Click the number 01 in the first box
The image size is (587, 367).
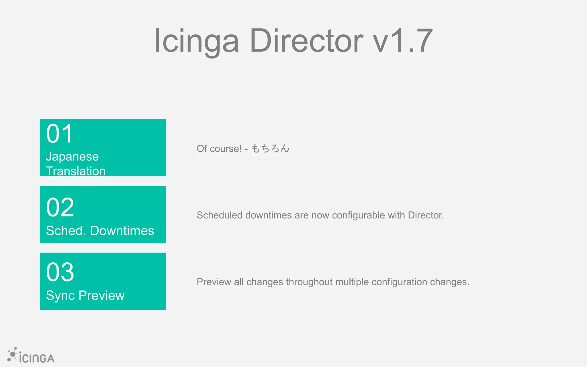[x=60, y=134]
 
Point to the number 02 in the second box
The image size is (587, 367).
[x=60, y=207]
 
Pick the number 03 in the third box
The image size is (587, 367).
[x=60, y=272]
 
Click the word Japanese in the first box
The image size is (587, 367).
[x=72, y=157]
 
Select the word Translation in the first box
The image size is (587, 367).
[x=76, y=171]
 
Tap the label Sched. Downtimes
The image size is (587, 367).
[x=100, y=231]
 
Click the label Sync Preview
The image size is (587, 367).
[x=85, y=295]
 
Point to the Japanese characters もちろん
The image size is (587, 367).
[x=270, y=149]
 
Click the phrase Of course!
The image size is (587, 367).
[x=219, y=149]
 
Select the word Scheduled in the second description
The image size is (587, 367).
[x=220, y=215]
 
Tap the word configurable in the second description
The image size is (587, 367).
[x=359, y=215]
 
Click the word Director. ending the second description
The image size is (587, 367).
[x=426, y=215]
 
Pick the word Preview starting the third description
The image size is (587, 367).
[x=214, y=282]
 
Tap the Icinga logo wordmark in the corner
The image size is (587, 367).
[x=37, y=358]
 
